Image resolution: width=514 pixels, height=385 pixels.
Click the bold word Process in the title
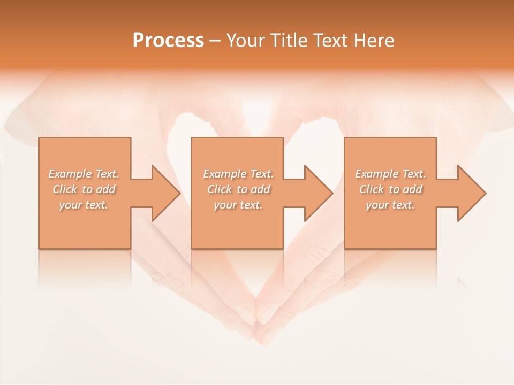[168, 41]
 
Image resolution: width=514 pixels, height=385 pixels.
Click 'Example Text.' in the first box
[84, 174]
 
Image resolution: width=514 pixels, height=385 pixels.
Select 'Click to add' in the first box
[84, 189]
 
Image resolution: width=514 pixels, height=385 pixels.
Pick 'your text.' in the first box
[84, 205]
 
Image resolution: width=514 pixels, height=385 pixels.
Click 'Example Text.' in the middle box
[238, 174]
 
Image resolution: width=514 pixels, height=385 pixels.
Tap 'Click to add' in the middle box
[238, 189]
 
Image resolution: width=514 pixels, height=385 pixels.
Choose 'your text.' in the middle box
[238, 205]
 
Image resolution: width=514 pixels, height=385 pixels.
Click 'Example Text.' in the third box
[390, 174]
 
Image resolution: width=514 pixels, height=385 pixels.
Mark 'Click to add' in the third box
[390, 189]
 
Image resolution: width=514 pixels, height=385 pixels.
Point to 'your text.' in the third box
[390, 205]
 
